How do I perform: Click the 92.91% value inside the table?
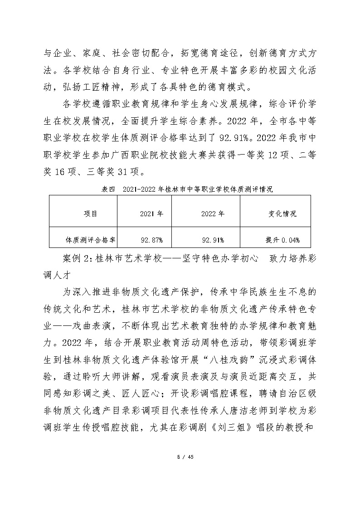[x=212, y=239]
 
